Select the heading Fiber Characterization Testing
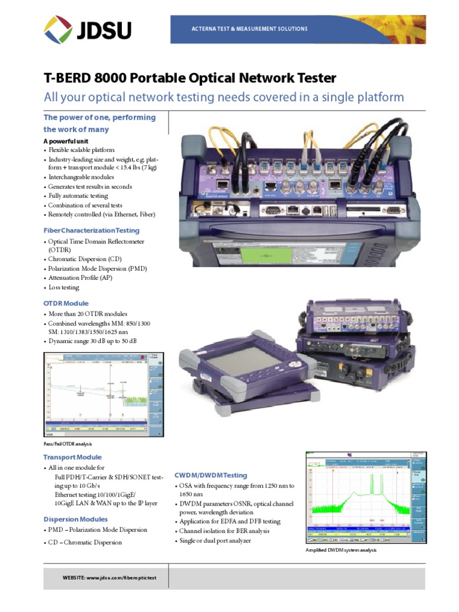pyautogui.click(x=91, y=230)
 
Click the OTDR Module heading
pyautogui.click(x=66, y=303)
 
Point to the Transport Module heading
pyautogui.click(x=72, y=457)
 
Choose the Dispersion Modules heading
pyautogui.click(x=76, y=519)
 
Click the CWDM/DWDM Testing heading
pyautogui.click(x=210, y=475)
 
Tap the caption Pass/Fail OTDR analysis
pyautogui.click(x=68, y=444)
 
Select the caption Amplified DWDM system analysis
pyautogui.click(x=341, y=550)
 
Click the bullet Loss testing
pyautogui.click(x=63, y=287)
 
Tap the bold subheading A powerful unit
pyautogui.click(x=66, y=140)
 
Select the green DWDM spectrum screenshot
pyautogui.click(x=366, y=497)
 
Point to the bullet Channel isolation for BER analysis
pyautogui.click(x=224, y=531)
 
